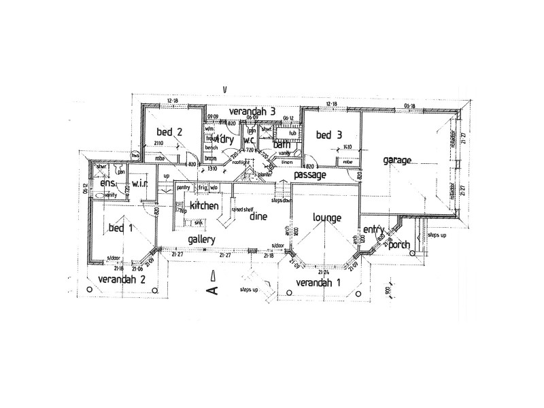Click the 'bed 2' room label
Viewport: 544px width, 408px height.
point(169,132)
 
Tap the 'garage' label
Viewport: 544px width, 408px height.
point(398,160)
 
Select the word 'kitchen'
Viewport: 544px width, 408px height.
point(203,205)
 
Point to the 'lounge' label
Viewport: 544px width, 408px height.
point(326,218)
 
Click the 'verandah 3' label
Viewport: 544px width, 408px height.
point(252,111)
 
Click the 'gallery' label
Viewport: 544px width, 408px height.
point(202,239)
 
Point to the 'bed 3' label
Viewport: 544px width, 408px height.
point(329,135)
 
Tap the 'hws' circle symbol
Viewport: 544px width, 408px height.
point(136,156)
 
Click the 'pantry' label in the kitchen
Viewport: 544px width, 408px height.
point(182,188)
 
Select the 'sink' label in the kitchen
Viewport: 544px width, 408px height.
point(198,222)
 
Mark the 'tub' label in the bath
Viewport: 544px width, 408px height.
point(292,133)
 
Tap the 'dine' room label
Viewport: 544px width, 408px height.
point(258,218)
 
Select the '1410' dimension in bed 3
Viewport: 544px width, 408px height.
point(347,147)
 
